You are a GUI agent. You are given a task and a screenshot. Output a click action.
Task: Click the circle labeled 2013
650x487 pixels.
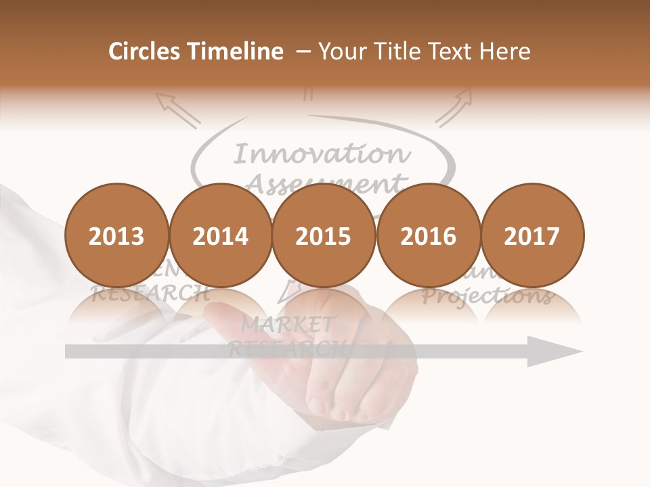click(116, 236)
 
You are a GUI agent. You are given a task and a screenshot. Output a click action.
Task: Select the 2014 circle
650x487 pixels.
click(221, 236)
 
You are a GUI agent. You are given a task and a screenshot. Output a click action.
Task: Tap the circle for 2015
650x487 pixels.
click(324, 236)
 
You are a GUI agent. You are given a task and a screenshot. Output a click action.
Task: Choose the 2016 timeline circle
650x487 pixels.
click(428, 236)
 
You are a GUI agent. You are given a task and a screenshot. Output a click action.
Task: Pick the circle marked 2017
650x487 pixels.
click(532, 236)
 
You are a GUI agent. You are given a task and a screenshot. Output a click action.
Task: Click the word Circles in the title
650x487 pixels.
click(144, 51)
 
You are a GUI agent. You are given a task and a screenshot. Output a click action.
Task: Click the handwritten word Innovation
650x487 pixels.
click(322, 155)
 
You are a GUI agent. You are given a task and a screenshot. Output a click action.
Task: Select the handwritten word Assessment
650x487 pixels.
click(325, 183)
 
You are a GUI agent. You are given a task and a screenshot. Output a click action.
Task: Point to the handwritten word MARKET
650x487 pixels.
click(288, 325)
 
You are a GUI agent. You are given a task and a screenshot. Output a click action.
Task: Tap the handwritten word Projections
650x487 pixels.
click(487, 296)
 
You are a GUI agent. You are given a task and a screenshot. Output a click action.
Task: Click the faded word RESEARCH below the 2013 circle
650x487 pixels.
click(150, 294)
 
